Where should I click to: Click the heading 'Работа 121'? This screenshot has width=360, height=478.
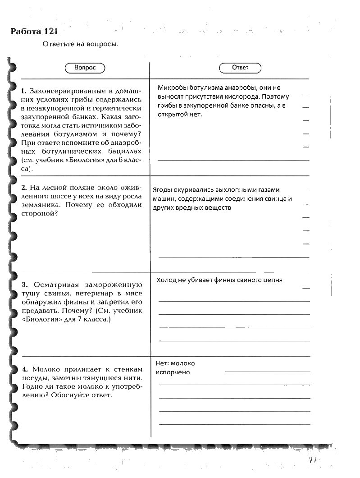click(x=34, y=32)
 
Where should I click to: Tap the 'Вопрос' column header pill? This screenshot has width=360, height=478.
click(x=85, y=68)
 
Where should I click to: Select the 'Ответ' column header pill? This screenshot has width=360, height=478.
click(x=240, y=68)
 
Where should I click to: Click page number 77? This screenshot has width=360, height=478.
click(x=313, y=460)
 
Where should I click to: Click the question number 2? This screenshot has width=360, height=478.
click(x=23, y=187)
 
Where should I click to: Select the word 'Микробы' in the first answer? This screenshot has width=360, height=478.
click(x=172, y=88)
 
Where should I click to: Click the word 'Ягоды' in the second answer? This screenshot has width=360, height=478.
click(x=162, y=190)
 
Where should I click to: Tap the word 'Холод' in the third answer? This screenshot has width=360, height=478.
click(x=166, y=280)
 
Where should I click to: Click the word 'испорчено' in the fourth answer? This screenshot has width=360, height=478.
click(x=173, y=372)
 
